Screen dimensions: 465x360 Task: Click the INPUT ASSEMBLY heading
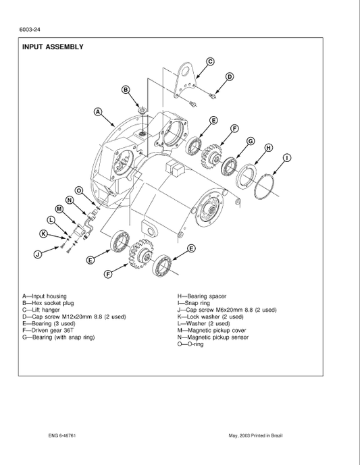(x=53, y=47)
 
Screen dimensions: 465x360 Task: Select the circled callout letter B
(x=126, y=90)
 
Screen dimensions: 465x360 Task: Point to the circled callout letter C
(x=209, y=61)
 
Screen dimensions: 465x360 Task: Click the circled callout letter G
(x=251, y=141)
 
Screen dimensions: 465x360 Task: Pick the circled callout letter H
(x=268, y=148)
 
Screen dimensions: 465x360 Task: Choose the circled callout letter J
(x=38, y=254)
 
